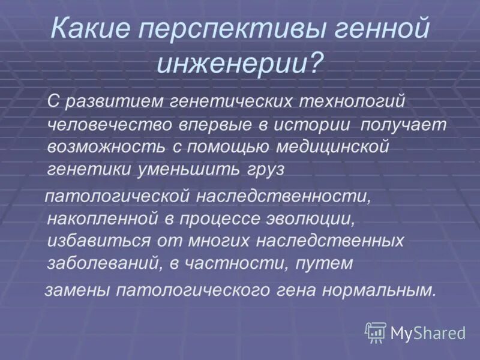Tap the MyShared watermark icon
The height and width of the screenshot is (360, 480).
(375, 332)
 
